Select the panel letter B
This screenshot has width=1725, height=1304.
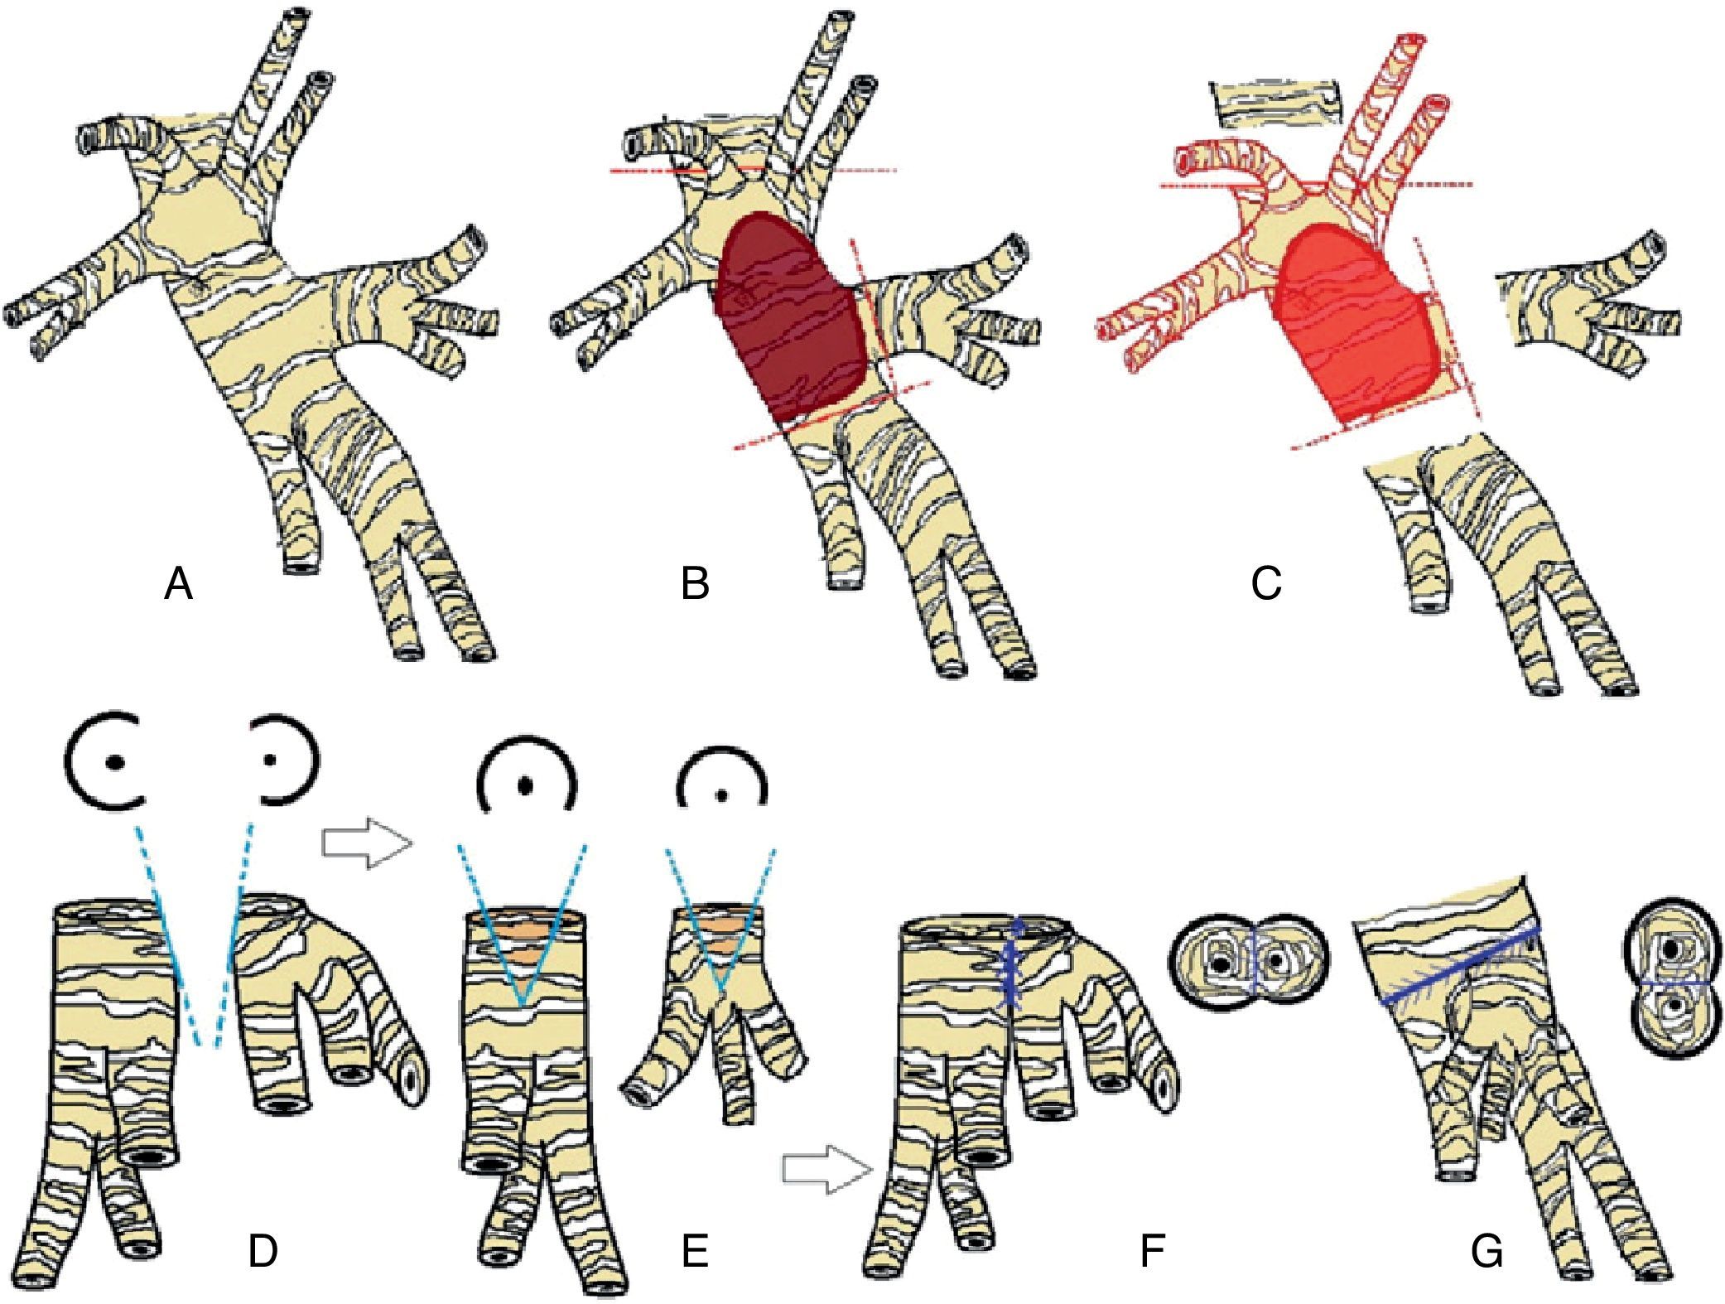(x=695, y=584)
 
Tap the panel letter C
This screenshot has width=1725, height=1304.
(x=1266, y=584)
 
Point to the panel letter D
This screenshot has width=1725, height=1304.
(x=263, y=1252)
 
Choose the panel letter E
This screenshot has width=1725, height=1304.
(x=694, y=1252)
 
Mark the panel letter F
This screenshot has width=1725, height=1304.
(x=1152, y=1252)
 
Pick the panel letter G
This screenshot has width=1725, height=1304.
(x=1487, y=1252)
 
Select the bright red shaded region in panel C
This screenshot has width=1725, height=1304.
(x=1354, y=323)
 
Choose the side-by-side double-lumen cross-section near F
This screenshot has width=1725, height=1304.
(x=1249, y=964)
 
